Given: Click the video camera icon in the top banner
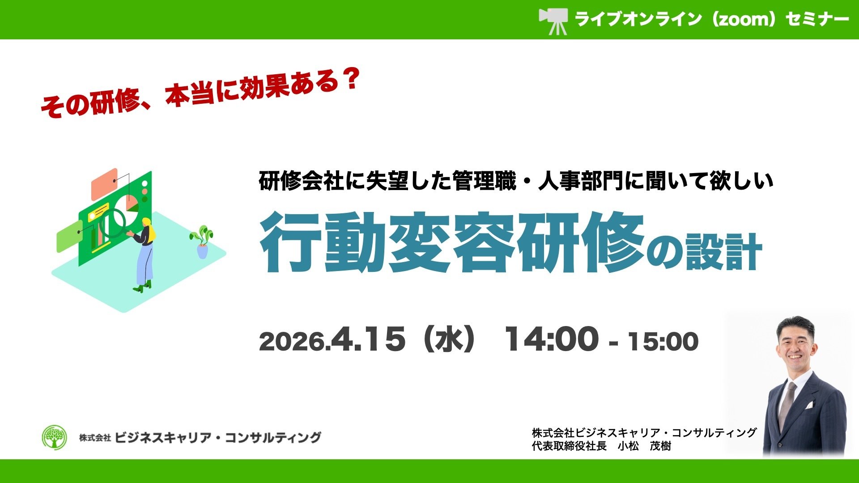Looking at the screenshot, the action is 554,21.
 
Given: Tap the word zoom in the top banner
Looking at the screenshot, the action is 744,19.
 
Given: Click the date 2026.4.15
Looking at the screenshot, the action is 332,339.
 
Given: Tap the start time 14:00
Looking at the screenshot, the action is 552,339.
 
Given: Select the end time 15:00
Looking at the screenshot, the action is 663,341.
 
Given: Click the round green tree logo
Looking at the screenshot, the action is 54,437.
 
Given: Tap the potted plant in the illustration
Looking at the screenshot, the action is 202,242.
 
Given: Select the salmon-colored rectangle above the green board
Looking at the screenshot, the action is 105,184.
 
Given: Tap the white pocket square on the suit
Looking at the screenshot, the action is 809,405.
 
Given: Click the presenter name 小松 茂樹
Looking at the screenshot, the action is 644,446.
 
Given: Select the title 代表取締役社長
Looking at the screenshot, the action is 569,446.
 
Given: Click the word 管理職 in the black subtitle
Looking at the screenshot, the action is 484,181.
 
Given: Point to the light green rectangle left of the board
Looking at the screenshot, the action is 70,236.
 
